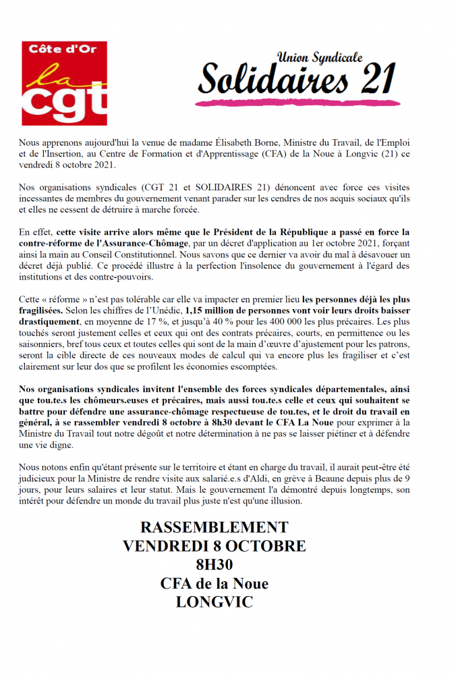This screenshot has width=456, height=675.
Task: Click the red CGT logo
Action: point(64,83)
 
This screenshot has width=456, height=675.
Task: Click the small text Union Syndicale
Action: point(320,58)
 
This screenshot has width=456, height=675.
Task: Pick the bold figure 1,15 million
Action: point(214,310)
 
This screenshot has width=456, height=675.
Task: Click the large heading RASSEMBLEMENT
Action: point(214,527)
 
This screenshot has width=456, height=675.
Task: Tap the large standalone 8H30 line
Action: point(214,565)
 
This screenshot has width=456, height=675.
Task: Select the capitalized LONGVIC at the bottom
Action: point(214,602)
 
